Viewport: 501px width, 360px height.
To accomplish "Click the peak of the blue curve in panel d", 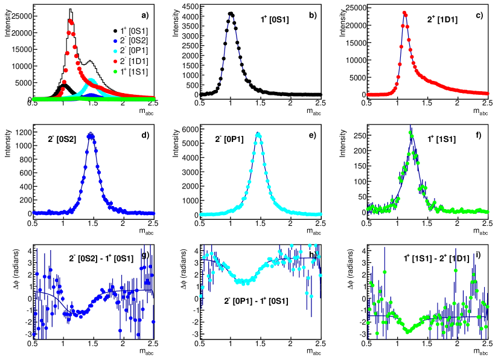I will click(x=91, y=135).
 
